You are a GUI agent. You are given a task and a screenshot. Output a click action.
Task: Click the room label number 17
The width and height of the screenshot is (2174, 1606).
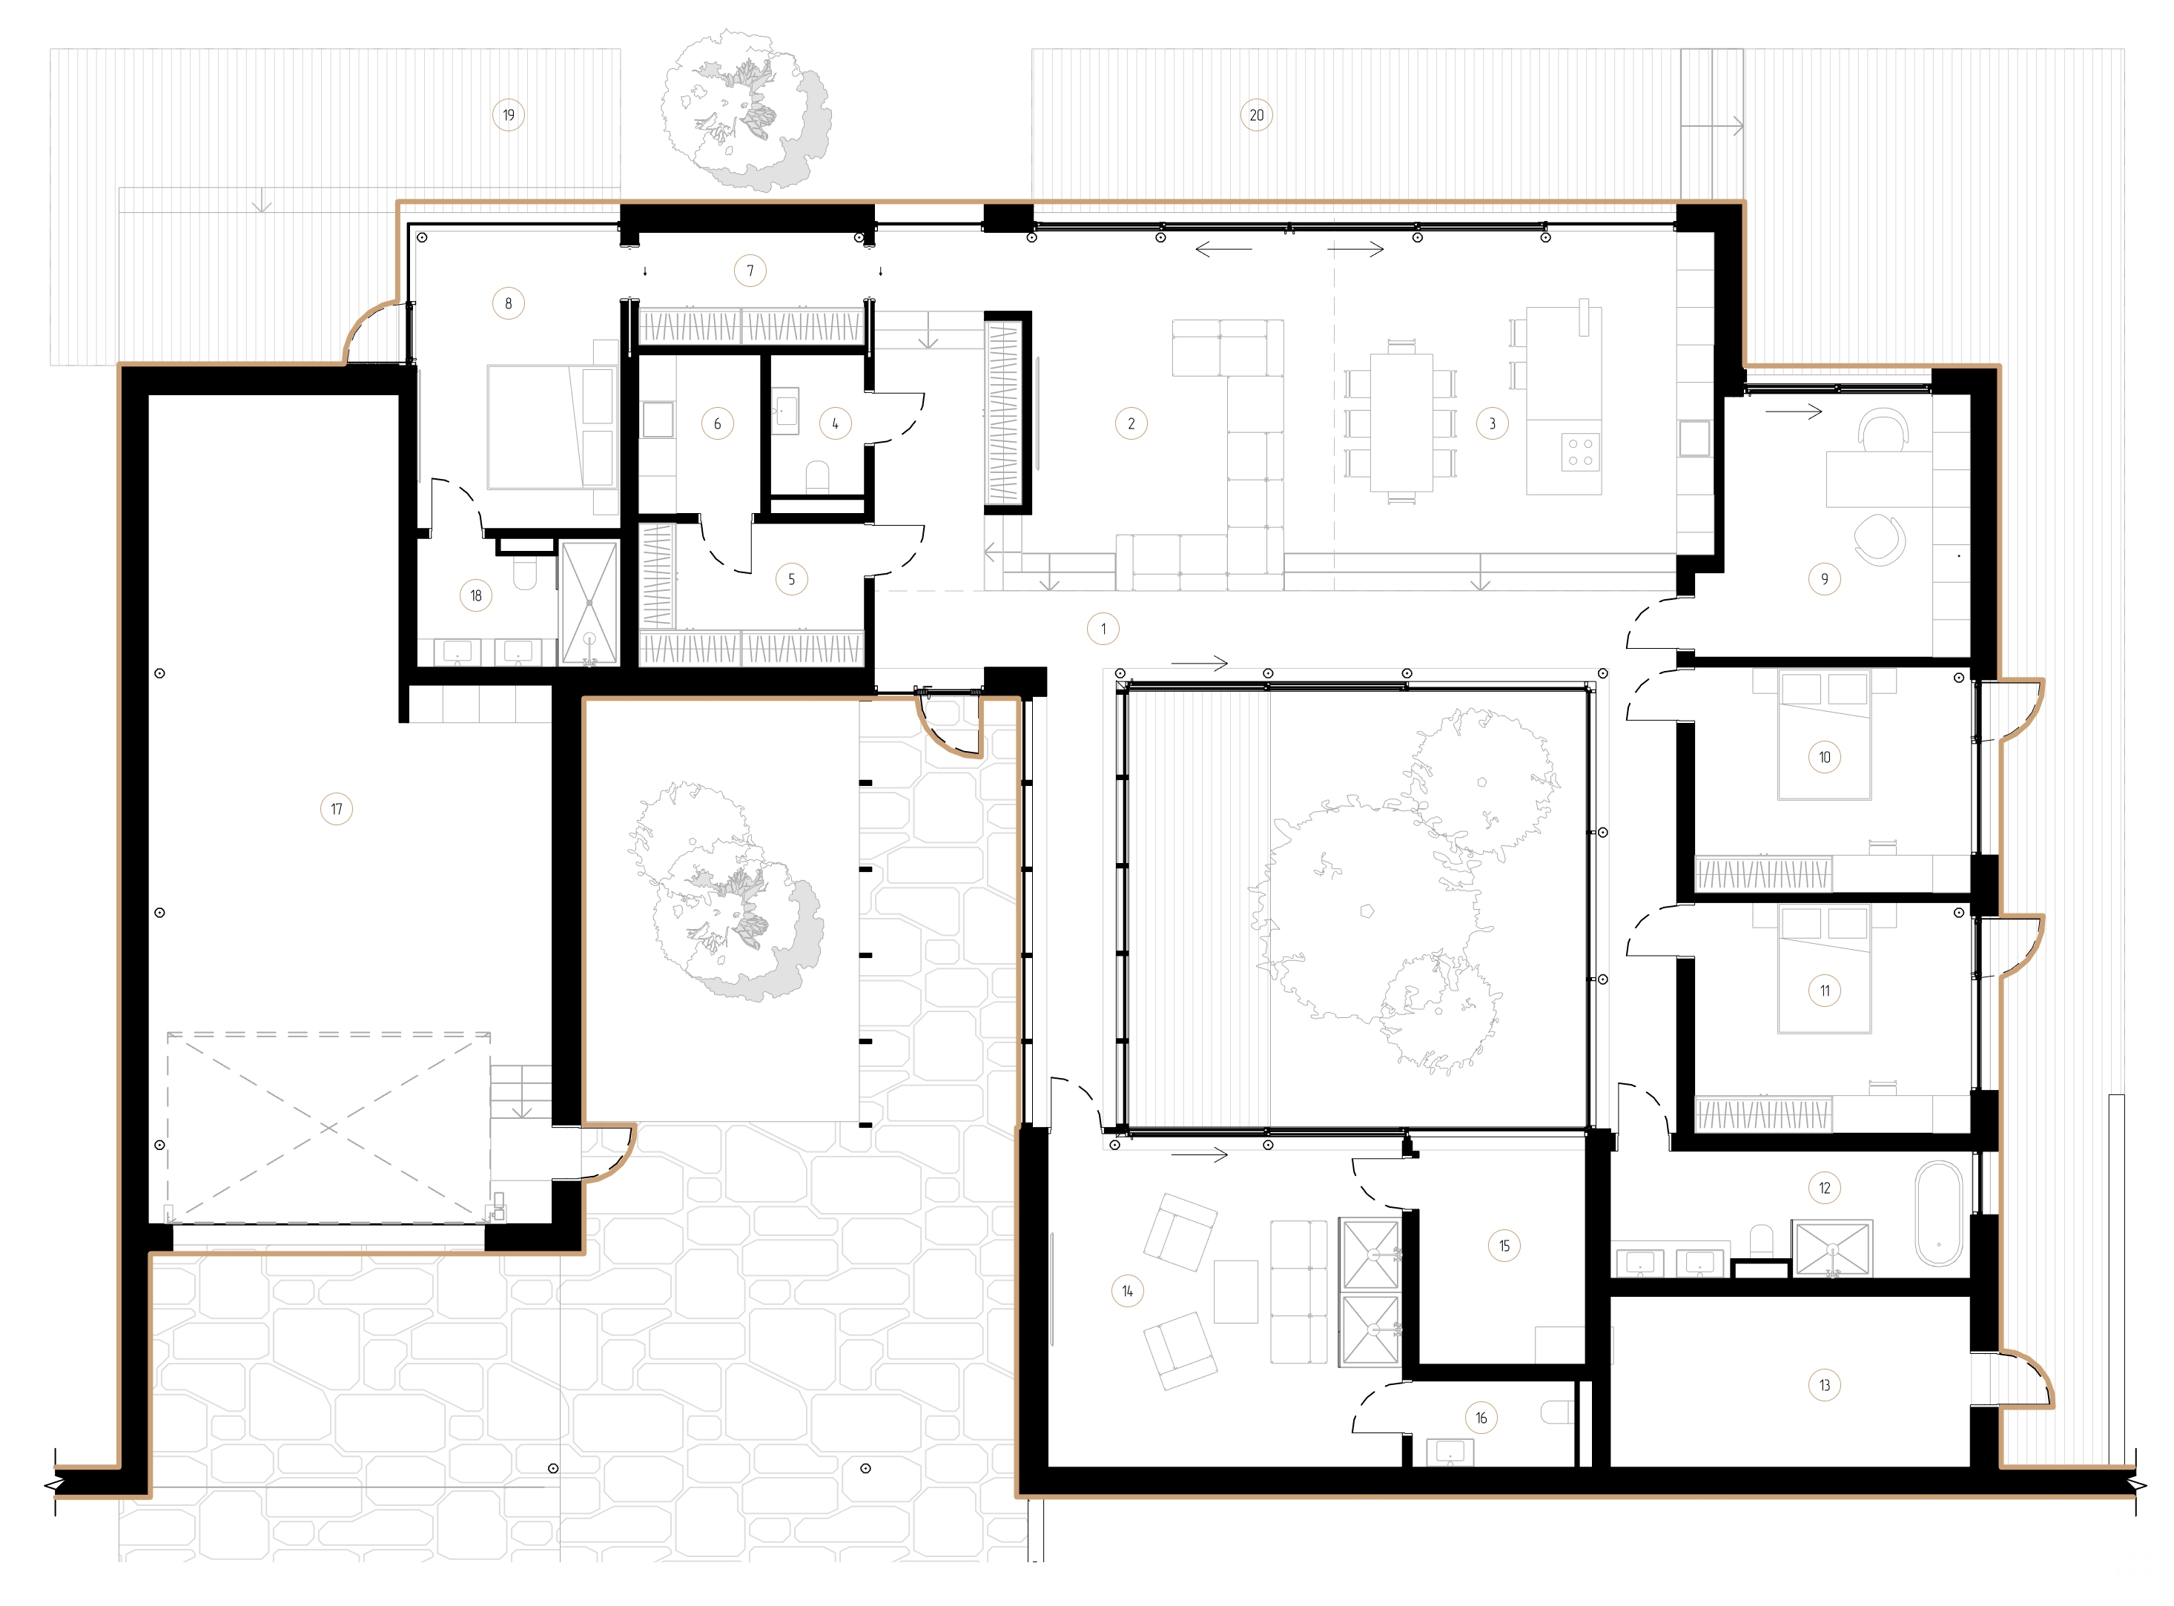pyautogui.click(x=337, y=809)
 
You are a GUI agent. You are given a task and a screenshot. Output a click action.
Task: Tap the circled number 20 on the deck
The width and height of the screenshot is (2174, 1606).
pyautogui.click(x=1256, y=115)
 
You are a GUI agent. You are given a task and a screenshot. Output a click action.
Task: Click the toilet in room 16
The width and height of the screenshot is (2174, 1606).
pyautogui.click(x=1559, y=1412)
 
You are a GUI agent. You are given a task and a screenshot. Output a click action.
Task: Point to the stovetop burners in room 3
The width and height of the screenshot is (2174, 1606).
pyautogui.click(x=1580, y=452)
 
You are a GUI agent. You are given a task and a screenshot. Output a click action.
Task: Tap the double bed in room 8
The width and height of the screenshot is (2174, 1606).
pyautogui.click(x=549, y=426)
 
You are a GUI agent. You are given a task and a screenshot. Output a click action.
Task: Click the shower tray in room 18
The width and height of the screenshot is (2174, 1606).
pyautogui.click(x=589, y=603)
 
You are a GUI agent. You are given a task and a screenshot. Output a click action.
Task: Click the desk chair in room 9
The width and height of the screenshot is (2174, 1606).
pyautogui.click(x=1883, y=429)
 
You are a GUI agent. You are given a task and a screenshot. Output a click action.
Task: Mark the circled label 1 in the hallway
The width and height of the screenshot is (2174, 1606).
pyautogui.click(x=1103, y=629)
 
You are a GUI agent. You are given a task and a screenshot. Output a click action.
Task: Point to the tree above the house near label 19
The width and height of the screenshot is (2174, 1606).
pyautogui.click(x=744, y=109)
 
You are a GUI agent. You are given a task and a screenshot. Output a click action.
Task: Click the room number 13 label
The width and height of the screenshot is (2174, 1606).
pyautogui.click(x=1824, y=1385)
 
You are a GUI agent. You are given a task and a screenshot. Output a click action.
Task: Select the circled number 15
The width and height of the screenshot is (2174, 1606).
pyautogui.click(x=1504, y=1246)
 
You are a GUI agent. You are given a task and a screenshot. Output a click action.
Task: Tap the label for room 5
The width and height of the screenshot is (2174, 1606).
pyautogui.click(x=791, y=579)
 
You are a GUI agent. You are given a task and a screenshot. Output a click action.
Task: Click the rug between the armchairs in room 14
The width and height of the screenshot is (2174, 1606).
pyautogui.click(x=1236, y=1291)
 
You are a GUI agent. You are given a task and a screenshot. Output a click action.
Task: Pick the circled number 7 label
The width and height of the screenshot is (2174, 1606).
pyautogui.click(x=750, y=270)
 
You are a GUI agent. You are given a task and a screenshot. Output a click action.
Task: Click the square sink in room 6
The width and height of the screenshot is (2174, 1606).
pyautogui.click(x=657, y=420)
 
